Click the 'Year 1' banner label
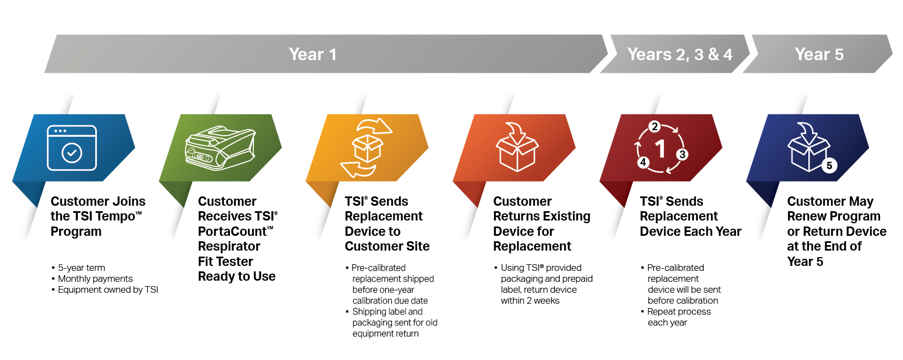tap(312, 54)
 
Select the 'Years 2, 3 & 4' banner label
tap(680, 54)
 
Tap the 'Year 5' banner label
tap(819, 54)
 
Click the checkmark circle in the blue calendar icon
tap(72, 153)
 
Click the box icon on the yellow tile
tap(367, 148)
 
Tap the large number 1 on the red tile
tap(661, 148)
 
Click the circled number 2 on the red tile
tap(655, 126)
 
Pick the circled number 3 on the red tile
tap(682, 154)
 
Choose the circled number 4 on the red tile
tap(643, 162)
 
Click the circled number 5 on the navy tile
tap(829, 165)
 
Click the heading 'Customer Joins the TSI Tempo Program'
tap(98, 216)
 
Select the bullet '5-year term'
tap(82, 268)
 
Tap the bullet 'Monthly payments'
tap(95, 278)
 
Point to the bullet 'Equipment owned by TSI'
tap(108, 289)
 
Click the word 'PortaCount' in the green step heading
tap(232, 231)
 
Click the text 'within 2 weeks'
tap(530, 300)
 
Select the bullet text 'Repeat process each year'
tap(679, 317)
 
